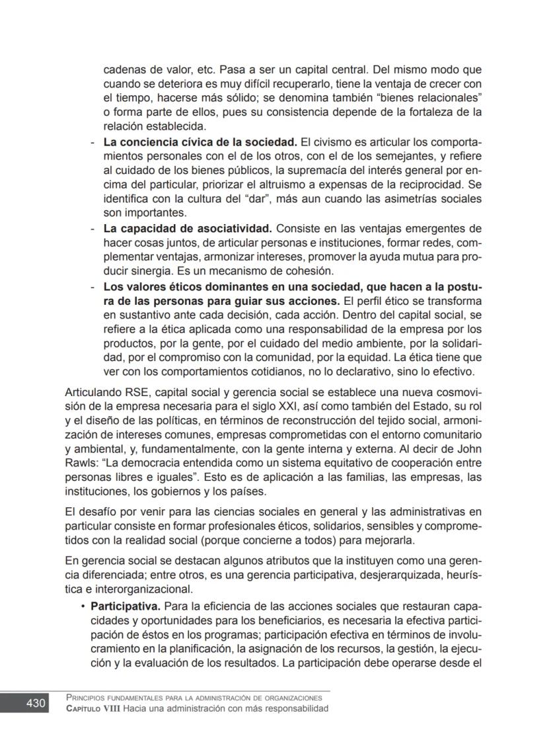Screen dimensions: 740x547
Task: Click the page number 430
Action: (x=36, y=703)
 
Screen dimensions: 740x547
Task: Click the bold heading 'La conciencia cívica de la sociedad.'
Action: (x=200, y=142)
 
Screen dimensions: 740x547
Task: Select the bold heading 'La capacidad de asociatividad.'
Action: (x=188, y=229)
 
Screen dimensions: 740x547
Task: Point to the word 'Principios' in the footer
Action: (x=89, y=698)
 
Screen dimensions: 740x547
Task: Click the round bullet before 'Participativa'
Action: (x=83, y=606)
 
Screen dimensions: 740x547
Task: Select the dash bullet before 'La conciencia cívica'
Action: (x=92, y=142)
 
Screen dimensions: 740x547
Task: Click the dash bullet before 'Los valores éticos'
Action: (x=92, y=286)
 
